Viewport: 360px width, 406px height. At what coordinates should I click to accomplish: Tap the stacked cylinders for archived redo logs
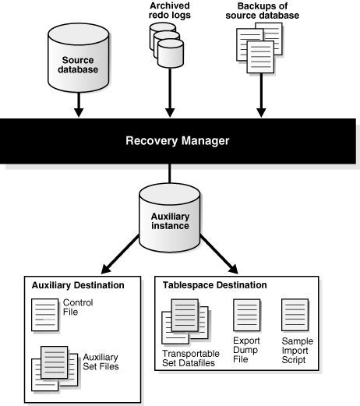click(x=168, y=47)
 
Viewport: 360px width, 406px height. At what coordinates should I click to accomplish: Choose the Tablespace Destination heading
click(x=214, y=285)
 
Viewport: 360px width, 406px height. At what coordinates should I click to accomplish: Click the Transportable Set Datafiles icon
click(x=184, y=321)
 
